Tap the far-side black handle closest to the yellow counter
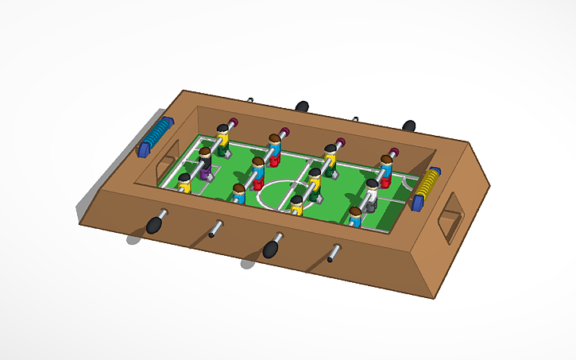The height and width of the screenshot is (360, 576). pos(409,126)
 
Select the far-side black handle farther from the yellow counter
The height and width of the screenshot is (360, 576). pos(303,106)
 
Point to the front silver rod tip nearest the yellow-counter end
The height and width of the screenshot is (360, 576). pos(332,256)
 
